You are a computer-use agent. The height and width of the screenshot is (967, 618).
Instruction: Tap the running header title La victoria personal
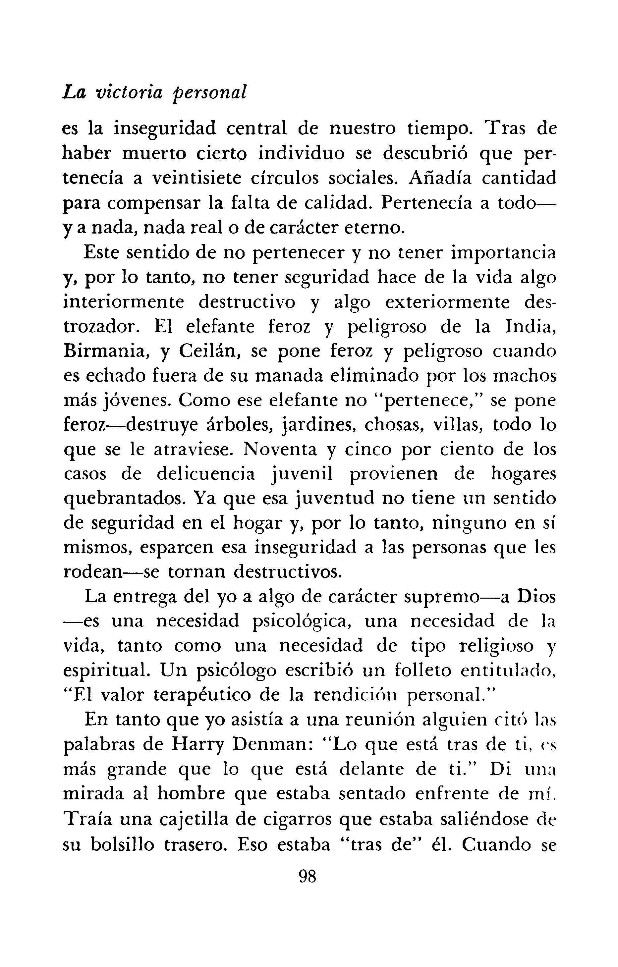pos(155,93)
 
